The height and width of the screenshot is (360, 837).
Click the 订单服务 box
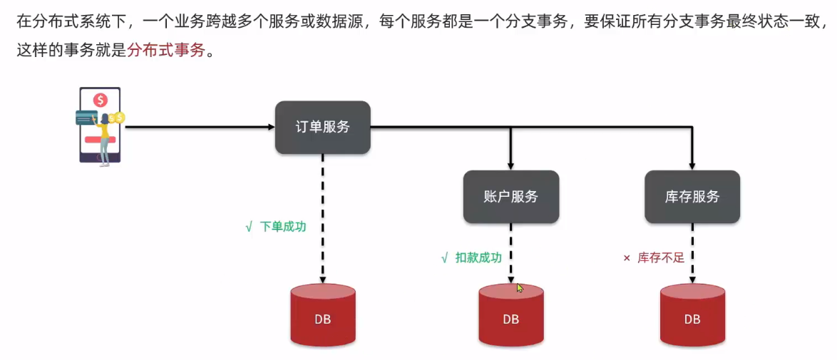322,127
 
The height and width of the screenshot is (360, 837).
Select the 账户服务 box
511,197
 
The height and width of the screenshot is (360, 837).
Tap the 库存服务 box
692,197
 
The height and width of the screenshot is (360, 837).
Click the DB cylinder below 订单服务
323,315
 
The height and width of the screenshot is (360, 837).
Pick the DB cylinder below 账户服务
511,315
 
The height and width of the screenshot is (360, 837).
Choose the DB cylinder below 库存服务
692,315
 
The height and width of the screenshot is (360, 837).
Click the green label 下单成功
283,227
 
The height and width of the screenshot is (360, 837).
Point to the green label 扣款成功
478,258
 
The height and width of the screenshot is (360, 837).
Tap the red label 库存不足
661,258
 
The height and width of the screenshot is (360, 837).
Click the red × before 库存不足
627,259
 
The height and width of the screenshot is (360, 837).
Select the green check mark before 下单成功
249,227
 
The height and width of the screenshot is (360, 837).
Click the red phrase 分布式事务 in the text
167,53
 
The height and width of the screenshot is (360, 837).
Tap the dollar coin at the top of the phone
100,99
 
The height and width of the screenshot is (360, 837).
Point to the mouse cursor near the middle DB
520,288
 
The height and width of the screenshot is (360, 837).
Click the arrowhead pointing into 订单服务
271,127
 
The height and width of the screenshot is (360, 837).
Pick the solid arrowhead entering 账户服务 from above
511,166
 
